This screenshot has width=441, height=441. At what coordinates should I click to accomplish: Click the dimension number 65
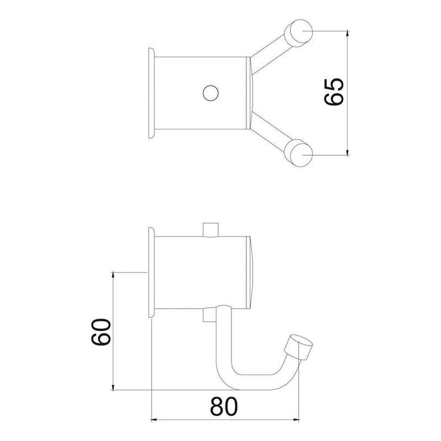334,91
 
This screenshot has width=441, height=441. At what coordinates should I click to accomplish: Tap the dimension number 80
225,407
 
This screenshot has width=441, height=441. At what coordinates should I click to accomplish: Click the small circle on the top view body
210,93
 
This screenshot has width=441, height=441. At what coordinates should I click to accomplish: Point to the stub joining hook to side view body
208,314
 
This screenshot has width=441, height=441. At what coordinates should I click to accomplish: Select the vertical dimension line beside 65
348,93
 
